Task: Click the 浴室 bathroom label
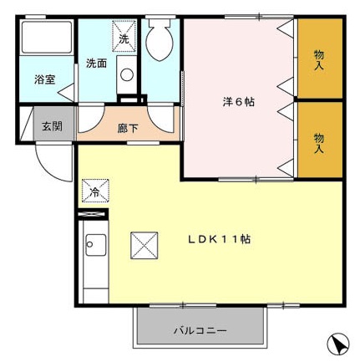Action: coord(44,81)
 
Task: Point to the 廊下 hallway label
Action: coord(128,128)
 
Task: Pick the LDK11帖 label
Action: coord(219,239)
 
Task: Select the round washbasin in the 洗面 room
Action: coord(126,74)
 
